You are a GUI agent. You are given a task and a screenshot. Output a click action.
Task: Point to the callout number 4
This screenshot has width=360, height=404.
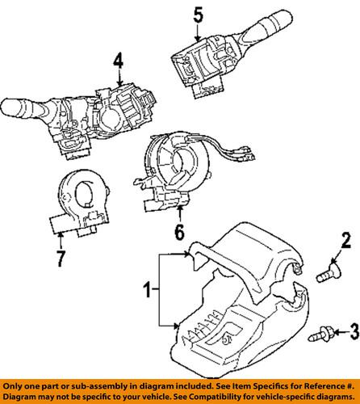(118, 60)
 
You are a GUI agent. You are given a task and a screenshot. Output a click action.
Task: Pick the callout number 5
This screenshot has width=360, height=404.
(198, 13)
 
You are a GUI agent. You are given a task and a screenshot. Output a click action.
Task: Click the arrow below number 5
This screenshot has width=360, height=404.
(198, 32)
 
